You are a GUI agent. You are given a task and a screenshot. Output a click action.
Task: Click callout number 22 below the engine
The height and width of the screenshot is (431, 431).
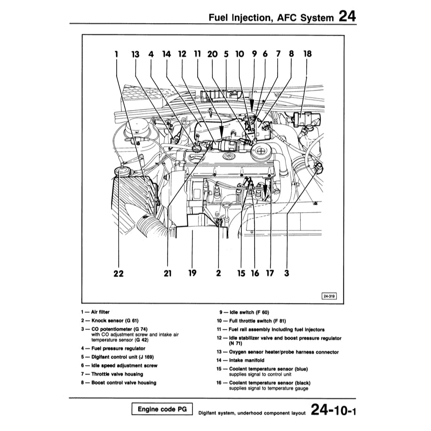(119, 273)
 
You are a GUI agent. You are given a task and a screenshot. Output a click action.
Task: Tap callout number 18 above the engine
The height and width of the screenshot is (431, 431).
(307, 54)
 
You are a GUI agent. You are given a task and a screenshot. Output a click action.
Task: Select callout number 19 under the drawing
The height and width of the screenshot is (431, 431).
(192, 273)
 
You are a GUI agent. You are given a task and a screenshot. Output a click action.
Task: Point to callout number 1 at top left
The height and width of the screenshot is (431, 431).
(116, 54)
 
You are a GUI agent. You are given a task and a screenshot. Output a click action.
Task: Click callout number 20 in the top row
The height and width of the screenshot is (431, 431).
(213, 54)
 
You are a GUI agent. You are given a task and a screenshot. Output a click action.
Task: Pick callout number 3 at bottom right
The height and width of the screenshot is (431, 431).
(286, 273)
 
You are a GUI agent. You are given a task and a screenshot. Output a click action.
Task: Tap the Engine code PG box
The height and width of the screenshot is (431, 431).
(162, 409)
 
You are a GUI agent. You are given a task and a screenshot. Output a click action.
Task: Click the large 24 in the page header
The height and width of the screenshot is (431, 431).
(347, 17)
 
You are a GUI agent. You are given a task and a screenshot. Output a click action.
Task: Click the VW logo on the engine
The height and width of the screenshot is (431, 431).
(227, 156)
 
